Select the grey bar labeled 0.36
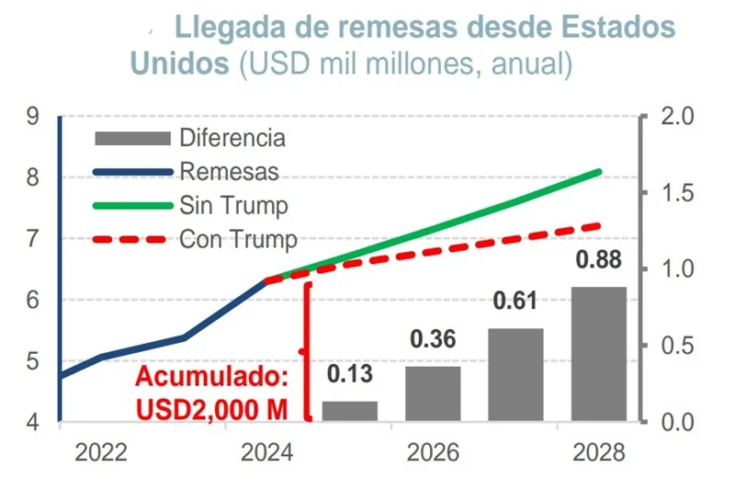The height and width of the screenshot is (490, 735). click(x=433, y=393)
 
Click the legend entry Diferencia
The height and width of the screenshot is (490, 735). click(x=232, y=139)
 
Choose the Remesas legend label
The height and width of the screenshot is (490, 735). click(x=229, y=172)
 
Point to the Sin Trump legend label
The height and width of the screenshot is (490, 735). click(x=233, y=205)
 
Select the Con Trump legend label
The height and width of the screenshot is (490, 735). click(x=238, y=239)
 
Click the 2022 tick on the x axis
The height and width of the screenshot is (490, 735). click(x=101, y=453)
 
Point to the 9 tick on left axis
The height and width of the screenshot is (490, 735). click(x=33, y=117)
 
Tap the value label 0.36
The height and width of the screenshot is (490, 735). click(x=433, y=339)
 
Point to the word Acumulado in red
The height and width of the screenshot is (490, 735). click(x=210, y=377)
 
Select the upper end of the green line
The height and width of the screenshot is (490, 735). click(x=599, y=172)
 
